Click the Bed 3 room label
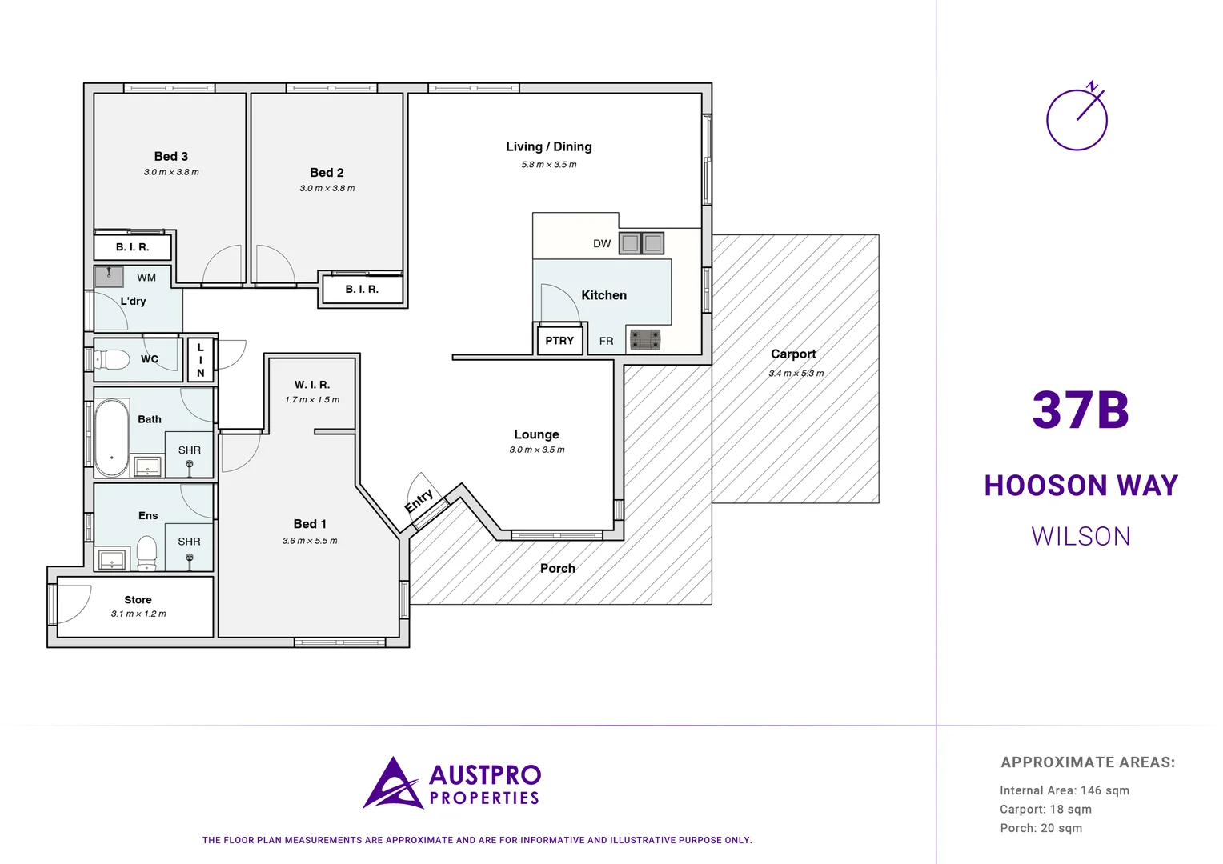point(171,157)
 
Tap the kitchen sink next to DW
point(641,243)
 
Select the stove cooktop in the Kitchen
point(645,340)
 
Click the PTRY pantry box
point(559,341)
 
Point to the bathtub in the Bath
point(112,438)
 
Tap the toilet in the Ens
point(146,552)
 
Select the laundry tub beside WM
point(109,277)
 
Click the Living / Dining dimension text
point(549,165)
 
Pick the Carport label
point(793,354)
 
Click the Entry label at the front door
point(419,502)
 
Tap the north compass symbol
point(1077,118)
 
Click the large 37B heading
point(1081,410)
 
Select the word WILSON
point(1081,536)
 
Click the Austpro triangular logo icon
point(392,785)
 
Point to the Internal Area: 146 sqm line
point(1064,790)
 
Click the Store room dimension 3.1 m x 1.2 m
point(138,614)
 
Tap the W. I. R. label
point(312,385)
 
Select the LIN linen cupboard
point(201,360)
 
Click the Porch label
point(558,569)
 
